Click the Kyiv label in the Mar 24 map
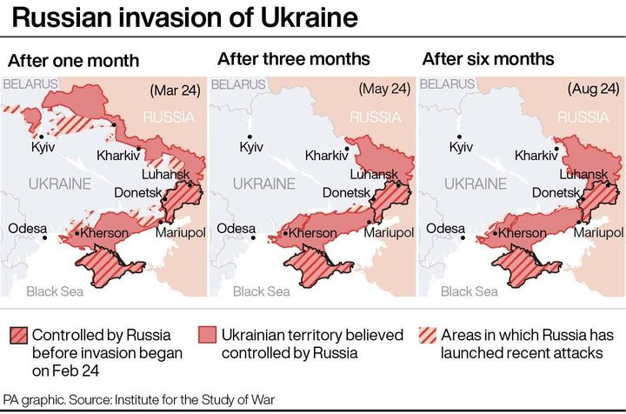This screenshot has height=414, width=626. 43,149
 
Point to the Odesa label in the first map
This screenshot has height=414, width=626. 26,228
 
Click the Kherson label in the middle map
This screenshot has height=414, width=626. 311,233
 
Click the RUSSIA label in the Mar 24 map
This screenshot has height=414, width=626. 169,117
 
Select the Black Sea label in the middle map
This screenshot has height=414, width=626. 262,291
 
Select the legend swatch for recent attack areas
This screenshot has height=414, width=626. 429,336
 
